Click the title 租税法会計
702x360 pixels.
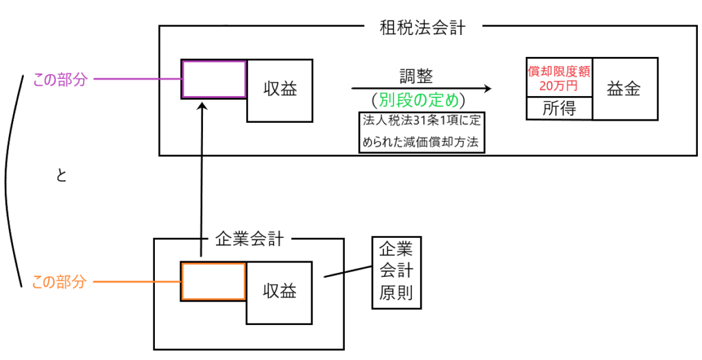(x=422, y=27)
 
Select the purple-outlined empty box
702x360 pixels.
(x=214, y=80)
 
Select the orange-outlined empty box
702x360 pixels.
(x=213, y=281)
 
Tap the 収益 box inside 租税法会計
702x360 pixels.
(x=280, y=89)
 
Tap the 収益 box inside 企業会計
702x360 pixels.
(x=280, y=291)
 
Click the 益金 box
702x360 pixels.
(x=625, y=89)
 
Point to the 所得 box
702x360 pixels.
(x=559, y=108)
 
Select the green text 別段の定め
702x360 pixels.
(x=422, y=99)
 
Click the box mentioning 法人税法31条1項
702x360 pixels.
(x=422, y=132)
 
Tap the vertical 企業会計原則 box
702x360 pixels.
(x=396, y=272)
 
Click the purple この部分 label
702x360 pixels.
(x=60, y=80)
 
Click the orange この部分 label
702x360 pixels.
(x=60, y=282)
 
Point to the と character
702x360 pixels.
(x=61, y=176)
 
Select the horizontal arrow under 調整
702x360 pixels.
(x=422, y=88)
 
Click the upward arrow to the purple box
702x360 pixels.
(x=202, y=178)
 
